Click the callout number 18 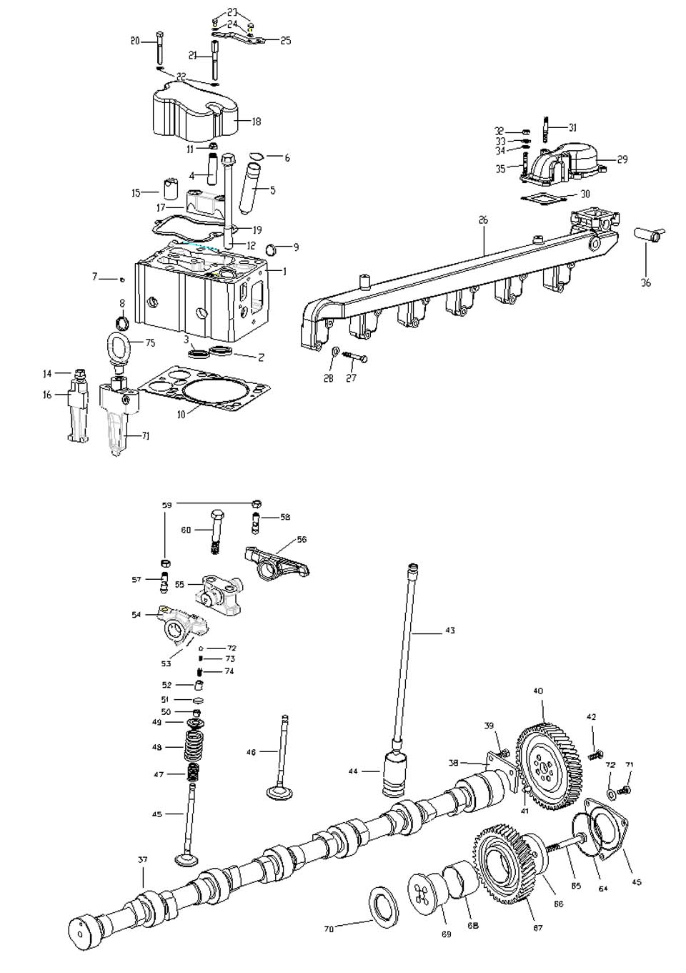256,122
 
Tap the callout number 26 483,221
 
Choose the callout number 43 449,631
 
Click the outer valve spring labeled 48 194,747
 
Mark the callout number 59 166,505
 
